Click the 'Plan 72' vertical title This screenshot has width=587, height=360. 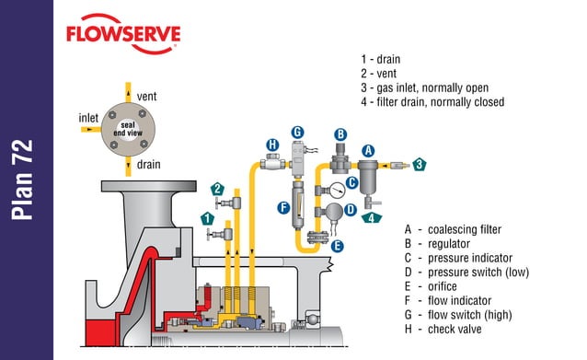26,180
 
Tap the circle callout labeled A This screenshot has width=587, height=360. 368,150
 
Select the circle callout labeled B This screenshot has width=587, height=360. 340,134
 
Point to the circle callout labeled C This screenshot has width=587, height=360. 351,182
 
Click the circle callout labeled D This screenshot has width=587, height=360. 350,209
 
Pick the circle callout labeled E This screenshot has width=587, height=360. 337,246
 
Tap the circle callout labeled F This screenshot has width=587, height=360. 284,208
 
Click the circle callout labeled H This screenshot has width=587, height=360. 272,145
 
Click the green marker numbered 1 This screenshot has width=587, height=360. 208,218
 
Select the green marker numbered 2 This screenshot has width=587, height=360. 217,188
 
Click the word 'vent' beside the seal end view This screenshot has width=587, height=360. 146,96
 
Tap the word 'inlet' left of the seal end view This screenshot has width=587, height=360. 89,118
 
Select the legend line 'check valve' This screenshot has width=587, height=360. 457,329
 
